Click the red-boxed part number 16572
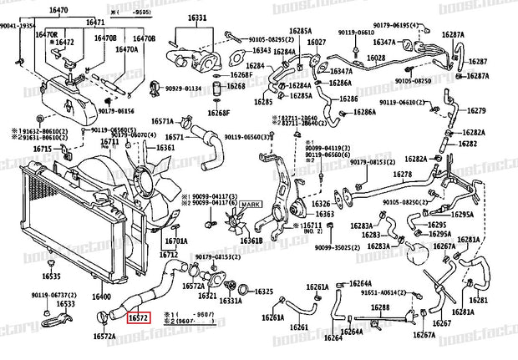coord(139,317)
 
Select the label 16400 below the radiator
coord(101,297)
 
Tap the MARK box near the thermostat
coord(251,205)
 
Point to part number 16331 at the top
coord(197,18)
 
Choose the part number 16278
coord(404,175)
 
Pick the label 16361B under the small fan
coord(251,241)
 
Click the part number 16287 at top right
coord(477,62)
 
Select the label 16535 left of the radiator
coord(53,275)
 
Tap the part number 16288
coord(380,307)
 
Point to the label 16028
coord(376,58)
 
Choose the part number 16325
coord(264,292)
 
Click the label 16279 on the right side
coord(475,110)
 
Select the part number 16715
coord(43,149)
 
